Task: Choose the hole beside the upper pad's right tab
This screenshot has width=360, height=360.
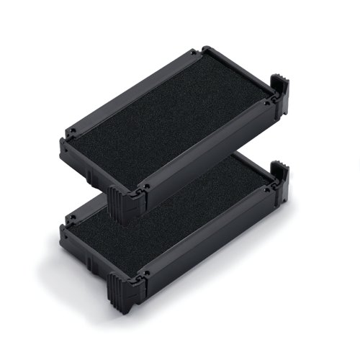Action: (x=267, y=102)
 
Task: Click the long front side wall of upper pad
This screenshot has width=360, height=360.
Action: (x=94, y=163)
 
